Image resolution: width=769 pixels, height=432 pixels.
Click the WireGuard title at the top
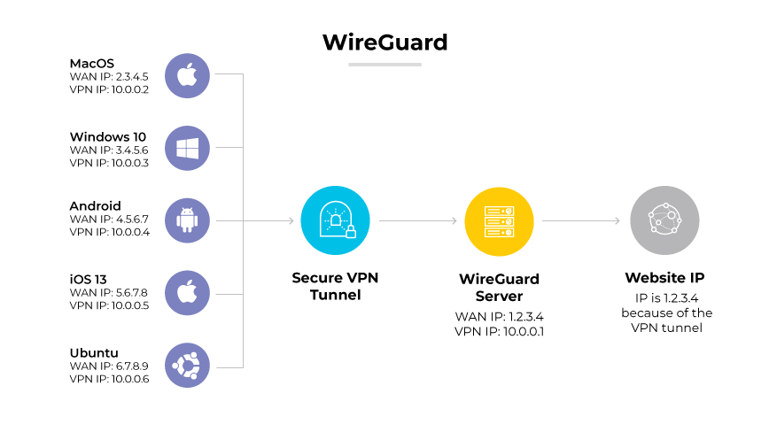tap(384, 42)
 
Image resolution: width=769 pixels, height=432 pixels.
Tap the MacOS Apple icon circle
tap(187, 75)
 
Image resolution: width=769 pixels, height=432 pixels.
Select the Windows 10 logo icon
tap(187, 148)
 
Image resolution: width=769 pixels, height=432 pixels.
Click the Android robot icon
tap(187, 220)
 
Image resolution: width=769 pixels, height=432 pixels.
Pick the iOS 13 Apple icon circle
tap(187, 293)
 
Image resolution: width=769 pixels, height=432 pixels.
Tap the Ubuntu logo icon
tap(187, 365)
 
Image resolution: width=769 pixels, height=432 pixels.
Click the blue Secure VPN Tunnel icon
tap(335, 220)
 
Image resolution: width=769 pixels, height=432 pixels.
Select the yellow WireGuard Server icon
tap(499, 220)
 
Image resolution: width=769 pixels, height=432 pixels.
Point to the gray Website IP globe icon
tap(664, 220)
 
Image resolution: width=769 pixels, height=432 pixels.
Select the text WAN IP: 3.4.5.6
tap(108, 150)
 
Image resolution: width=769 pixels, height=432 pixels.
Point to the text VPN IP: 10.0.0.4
tap(109, 233)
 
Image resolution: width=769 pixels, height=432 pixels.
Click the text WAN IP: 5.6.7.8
tap(108, 294)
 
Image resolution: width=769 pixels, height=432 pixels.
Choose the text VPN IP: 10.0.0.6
tap(109, 379)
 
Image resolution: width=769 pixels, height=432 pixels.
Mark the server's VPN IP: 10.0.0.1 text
tap(499, 331)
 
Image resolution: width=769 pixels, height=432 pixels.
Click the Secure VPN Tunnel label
tap(335, 286)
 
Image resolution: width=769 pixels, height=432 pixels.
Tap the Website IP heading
tap(664, 278)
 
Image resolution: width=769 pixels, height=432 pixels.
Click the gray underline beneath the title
tap(384, 64)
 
